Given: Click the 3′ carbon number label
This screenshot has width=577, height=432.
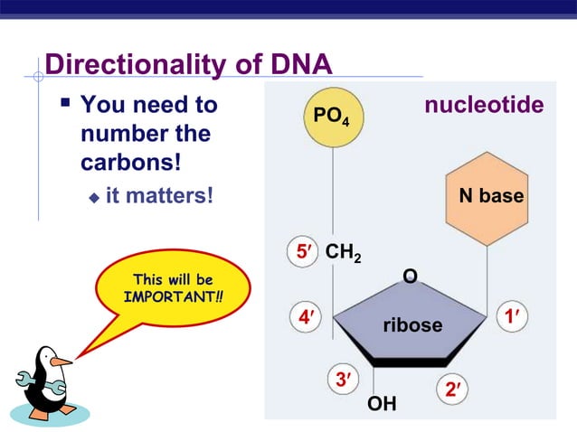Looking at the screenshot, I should pos(343,380).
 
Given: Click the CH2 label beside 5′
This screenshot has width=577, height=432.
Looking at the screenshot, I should pos(343,253).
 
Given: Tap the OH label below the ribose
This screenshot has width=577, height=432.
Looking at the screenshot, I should pos(382,403).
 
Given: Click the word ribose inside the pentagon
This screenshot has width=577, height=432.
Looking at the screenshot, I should pos(412,324).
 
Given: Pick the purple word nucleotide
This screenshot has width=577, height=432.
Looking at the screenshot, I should pos(484,106).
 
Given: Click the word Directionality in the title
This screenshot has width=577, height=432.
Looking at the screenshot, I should pos(135,65).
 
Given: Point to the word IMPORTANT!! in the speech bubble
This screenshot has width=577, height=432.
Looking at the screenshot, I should pos(173,296).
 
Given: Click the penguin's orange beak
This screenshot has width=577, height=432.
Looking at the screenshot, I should pos(60,361).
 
